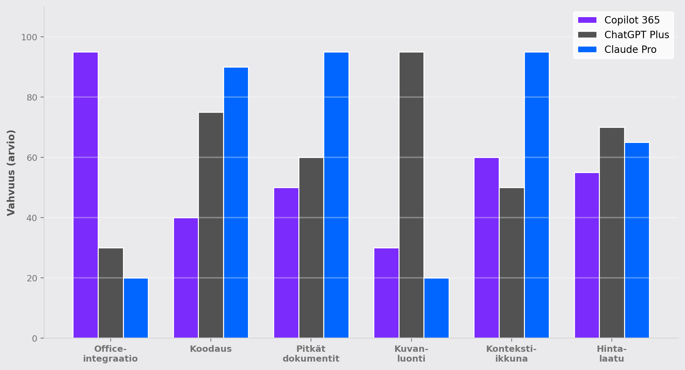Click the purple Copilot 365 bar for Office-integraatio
[85, 195]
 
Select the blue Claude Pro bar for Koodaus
[236, 203]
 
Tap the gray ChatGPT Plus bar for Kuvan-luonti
[411, 195]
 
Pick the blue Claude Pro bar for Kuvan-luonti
[436, 308]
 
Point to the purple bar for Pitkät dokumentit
[286, 263]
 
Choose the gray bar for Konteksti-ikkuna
[512, 263]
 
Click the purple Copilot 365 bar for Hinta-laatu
[587, 255]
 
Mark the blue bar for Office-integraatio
[136, 308]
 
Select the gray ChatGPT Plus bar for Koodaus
[211, 225]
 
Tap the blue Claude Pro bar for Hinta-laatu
[637, 240]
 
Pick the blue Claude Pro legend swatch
[587, 49]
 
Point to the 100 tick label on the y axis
[29, 37]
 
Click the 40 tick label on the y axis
[32, 218]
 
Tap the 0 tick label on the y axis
[35, 338]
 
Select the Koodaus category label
[211, 349]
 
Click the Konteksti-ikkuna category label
[511, 354]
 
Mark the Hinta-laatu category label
[611, 354]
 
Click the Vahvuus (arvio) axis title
[11, 173]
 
